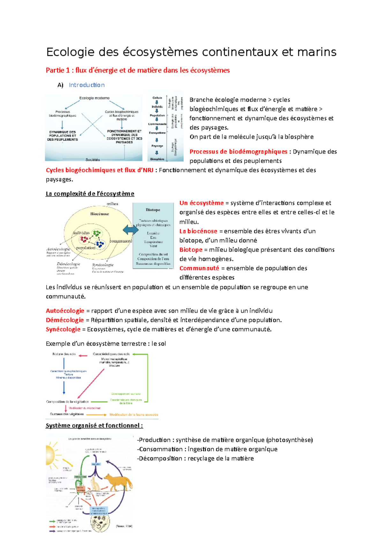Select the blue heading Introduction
[x=86, y=85]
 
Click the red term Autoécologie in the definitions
[x=65, y=311]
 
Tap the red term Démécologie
[x=64, y=320]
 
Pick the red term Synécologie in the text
[x=63, y=329]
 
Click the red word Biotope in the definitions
[x=191, y=250]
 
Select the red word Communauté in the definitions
[x=199, y=268]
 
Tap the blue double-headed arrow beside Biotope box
[x=131, y=229]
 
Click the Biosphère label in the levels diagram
[x=157, y=159]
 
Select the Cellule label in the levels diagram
[x=157, y=98]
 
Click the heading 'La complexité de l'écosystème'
[x=90, y=194]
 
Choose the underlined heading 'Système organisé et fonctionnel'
[x=94, y=426]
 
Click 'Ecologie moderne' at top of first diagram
[x=94, y=98]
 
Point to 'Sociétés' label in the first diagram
[x=93, y=160]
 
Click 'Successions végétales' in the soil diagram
[x=67, y=414]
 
